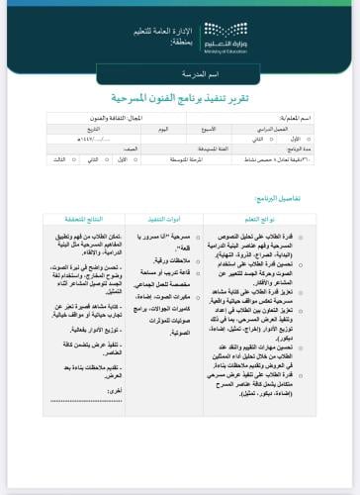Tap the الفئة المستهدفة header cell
click(212, 148)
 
